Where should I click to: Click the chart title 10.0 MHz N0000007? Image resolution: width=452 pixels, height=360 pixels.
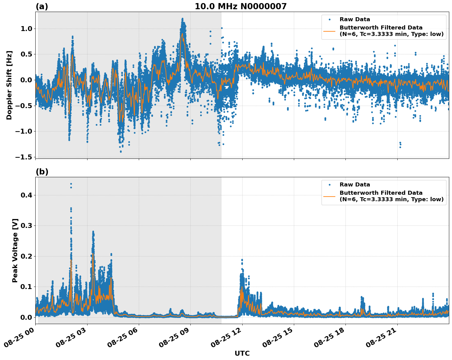point(240,6)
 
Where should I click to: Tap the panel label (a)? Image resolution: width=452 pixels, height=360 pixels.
point(42,6)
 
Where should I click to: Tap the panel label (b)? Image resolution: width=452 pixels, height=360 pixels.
point(42,172)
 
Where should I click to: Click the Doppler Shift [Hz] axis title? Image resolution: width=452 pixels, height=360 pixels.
point(9,85)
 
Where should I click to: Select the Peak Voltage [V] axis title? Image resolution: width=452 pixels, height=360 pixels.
point(15,250)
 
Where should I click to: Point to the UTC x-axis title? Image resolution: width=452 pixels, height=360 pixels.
point(242,353)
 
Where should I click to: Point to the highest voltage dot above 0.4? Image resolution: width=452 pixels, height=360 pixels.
point(71,184)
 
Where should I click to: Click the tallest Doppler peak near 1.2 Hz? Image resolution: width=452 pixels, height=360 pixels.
point(182,19)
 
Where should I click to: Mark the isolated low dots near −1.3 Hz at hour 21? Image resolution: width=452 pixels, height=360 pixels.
point(400,145)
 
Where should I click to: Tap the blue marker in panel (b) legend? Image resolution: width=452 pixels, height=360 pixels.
point(329,185)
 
